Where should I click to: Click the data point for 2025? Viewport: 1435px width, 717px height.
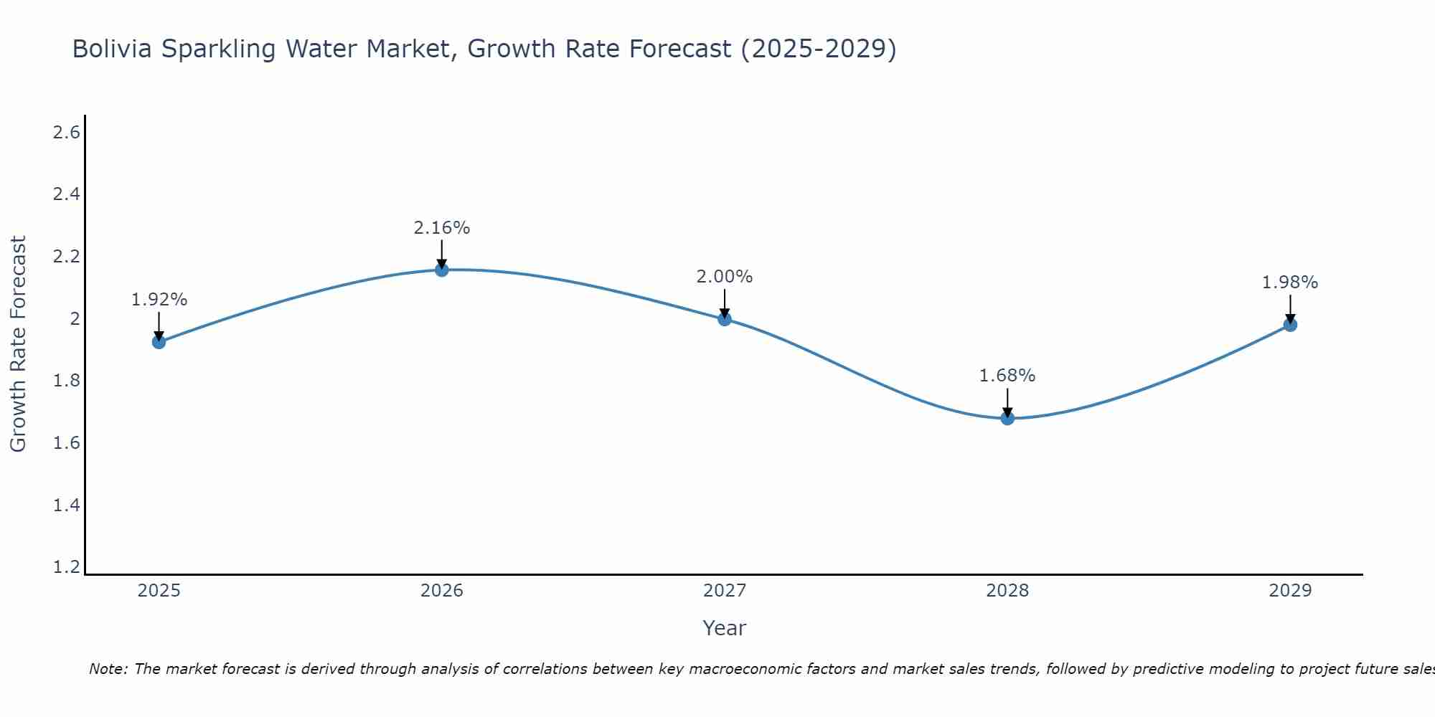159,342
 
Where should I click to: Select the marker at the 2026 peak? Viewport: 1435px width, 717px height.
442,270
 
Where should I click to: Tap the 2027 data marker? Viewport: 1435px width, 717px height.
725,319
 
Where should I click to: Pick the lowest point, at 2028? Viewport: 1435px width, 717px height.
1007,418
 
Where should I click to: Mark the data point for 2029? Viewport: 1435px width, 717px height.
1290,325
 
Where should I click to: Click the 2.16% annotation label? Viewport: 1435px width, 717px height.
442,228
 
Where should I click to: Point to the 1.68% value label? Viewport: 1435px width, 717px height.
1007,376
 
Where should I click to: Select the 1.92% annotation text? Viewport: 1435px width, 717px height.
159,300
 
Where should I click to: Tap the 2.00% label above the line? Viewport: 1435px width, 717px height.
725,277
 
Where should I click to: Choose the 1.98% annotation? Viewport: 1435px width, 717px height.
1290,282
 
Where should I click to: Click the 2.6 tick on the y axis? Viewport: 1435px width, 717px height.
67,133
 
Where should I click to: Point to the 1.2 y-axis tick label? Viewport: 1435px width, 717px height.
67,567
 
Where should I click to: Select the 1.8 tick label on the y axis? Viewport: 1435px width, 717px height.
67,381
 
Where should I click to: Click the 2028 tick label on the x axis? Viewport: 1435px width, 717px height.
1007,591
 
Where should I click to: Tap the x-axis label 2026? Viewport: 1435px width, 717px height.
442,591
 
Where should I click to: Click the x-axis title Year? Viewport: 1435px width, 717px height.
725,628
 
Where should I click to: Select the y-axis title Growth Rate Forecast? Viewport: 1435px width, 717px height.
19,344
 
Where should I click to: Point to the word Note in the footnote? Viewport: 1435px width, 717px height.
107,669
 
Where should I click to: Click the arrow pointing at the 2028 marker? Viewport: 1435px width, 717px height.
1007,402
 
